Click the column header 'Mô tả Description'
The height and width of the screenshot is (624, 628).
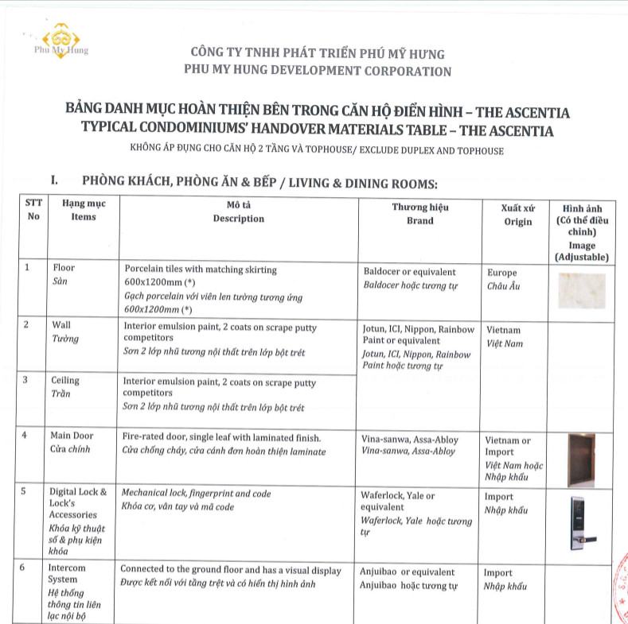pyautogui.click(x=238, y=211)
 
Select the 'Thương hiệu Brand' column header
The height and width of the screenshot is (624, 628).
pyautogui.click(x=419, y=213)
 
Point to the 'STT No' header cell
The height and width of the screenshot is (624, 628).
pyautogui.click(x=33, y=210)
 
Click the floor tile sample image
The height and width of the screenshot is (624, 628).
pyautogui.click(x=581, y=290)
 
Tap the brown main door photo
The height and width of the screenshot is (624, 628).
pyautogui.click(x=581, y=459)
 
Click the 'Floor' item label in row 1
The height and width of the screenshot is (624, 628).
pyautogui.click(x=64, y=269)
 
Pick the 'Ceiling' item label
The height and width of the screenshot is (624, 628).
pyautogui.click(x=65, y=381)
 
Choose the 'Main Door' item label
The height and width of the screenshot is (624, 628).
pyautogui.click(x=72, y=436)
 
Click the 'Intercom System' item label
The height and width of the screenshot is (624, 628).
pyautogui.click(x=68, y=574)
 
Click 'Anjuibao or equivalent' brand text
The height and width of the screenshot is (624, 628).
pyautogui.click(x=408, y=572)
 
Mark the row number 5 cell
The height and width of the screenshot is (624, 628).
pyautogui.click(x=26, y=492)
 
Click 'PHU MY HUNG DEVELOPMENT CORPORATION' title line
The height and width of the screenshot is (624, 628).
pyautogui.click(x=317, y=72)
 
